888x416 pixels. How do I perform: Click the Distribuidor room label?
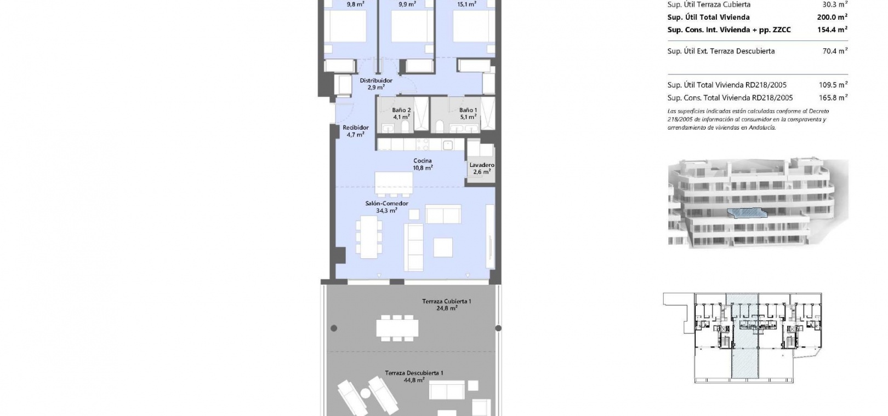tap(376, 80)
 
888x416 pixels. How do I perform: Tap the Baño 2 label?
tap(401, 110)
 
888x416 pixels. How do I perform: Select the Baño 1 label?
tap(468, 110)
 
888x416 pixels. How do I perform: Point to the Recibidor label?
tap(356, 128)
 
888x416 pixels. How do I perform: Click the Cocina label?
tap(423, 161)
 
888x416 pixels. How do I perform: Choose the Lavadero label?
tap(482, 165)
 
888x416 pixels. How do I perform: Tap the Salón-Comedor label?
tap(386, 204)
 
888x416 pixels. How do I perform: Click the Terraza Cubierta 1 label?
tap(446, 301)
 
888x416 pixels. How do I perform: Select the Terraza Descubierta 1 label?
tap(414, 373)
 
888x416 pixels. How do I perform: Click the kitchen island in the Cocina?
tap(394, 183)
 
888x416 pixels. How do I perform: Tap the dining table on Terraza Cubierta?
tap(397, 328)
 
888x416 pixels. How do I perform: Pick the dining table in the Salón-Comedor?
tap(369, 237)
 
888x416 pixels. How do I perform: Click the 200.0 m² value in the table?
tap(832, 17)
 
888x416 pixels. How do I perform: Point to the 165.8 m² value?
tap(833, 97)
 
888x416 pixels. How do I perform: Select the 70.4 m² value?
tap(835, 51)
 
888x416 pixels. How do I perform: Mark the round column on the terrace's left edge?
tap(334, 328)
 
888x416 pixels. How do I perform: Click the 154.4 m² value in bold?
tap(833, 30)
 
